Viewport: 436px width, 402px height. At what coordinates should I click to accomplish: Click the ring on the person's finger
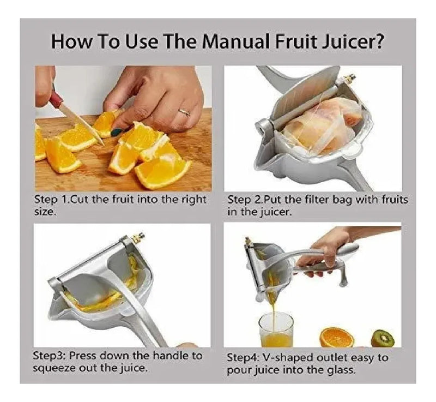(184, 112)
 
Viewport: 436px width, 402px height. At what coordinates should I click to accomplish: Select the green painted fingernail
(117, 132)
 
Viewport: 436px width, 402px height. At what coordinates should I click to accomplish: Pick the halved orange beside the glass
(337, 337)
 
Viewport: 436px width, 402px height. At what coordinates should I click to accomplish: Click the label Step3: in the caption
(49, 356)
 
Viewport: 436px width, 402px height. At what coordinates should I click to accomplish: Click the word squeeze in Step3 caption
(54, 369)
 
